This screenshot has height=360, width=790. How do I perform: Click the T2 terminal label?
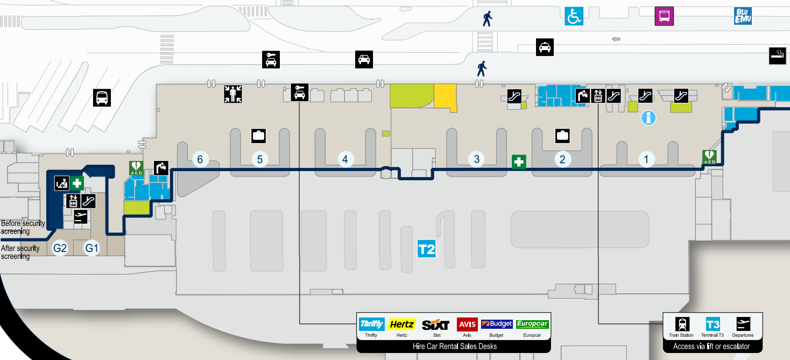426,250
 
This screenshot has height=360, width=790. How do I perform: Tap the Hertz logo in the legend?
401,324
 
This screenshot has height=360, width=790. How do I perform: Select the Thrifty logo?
371,324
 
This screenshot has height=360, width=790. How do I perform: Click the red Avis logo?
467,324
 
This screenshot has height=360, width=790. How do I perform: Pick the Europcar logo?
532,324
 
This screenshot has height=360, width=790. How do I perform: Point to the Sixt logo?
436,324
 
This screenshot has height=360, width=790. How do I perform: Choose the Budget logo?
497,324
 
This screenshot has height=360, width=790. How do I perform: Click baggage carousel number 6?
200,159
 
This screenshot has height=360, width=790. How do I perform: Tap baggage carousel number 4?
345,159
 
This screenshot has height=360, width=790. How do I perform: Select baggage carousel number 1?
646,159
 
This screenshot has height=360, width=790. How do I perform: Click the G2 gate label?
60,249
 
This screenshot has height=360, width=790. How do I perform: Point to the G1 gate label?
92,249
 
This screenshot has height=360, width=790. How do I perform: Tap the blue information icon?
648,118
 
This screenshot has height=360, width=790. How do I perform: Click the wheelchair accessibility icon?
573,16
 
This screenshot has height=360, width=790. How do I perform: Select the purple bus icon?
664,16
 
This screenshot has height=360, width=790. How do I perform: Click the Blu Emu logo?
743,16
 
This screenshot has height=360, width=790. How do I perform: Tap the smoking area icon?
778,56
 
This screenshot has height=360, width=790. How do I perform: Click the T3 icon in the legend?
713,324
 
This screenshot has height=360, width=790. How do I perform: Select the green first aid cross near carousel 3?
519,162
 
